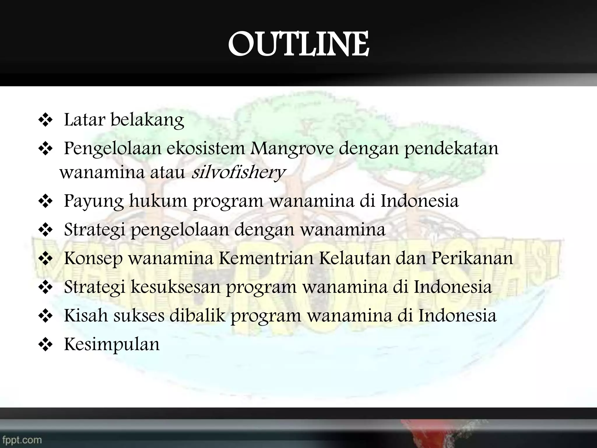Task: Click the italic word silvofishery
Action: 238,172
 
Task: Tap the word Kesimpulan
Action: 112,344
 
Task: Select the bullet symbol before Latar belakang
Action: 45,120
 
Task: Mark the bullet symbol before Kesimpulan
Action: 45,345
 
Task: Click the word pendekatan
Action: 451,149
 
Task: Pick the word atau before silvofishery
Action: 168,172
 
